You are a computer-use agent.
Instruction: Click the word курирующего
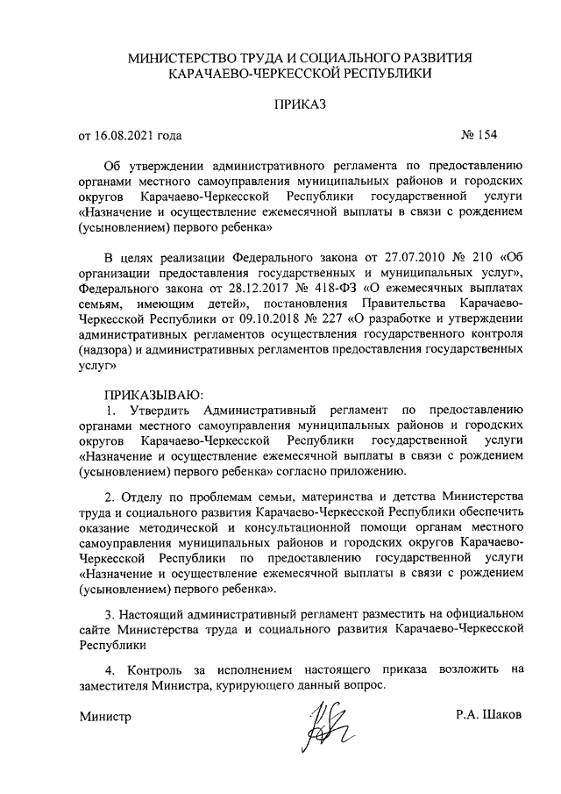tap(250, 683)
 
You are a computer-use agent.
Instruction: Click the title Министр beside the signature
tap(105, 716)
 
